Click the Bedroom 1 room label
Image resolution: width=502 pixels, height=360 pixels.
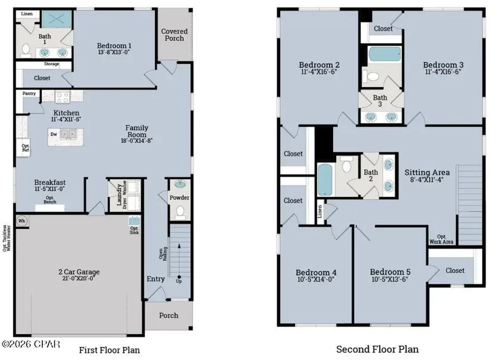pyautogui.click(x=114, y=46)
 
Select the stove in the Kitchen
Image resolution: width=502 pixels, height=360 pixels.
pyautogui.click(x=62, y=97)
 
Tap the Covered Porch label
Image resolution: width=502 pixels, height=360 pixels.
pyautogui.click(x=175, y=35)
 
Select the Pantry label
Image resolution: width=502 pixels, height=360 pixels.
pyautogui.click(x=29, y=94)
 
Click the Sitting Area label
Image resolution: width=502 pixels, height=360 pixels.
pyautogui.click(x=427, y=172)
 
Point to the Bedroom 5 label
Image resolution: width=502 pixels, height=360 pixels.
pyautogui.click(x=390, y=272)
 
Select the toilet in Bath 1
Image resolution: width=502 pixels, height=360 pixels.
pyautogui.click(x=25, y=50)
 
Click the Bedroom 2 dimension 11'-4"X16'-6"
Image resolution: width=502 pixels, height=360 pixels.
pyautogui.click(x=317, y=71)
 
